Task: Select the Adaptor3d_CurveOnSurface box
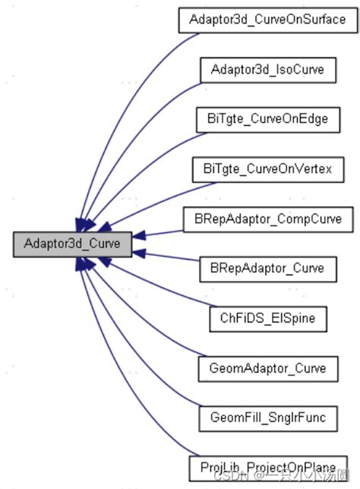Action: point(267,18)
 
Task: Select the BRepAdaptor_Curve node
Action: point(267,268)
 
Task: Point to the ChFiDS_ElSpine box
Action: point(267,318)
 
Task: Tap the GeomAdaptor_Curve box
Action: point(267,368)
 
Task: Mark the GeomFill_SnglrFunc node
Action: point(267,417)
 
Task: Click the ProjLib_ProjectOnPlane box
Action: point(267,464)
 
